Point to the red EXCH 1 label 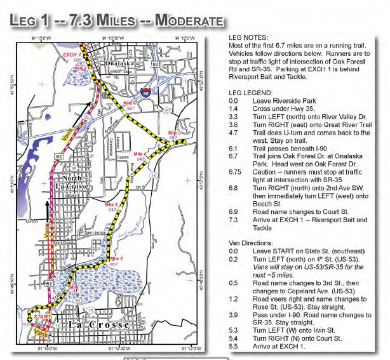point(71,55)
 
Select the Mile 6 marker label point(130,103)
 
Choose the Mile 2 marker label point(117,258)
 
